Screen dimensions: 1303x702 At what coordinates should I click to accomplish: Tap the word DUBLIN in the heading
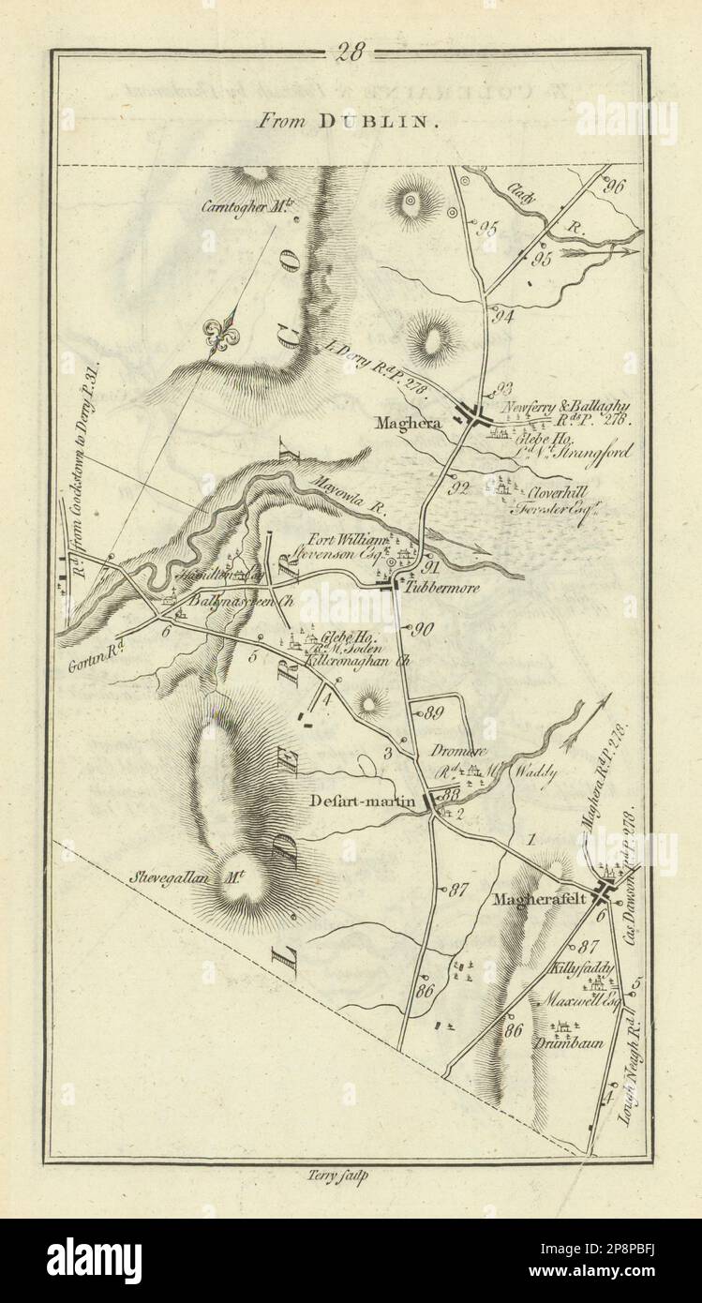click(386, 121)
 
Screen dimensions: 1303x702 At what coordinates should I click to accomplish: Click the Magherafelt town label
click(535, 898)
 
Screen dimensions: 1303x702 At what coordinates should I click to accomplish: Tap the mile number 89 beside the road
click(432, 713)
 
